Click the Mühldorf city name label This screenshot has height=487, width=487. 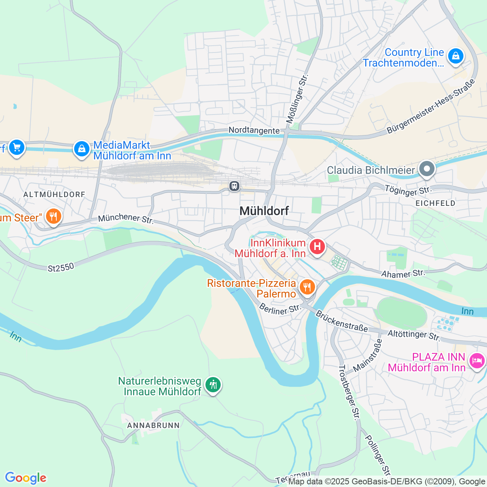tap(264, 211)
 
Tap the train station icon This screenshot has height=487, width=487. tap(234, 186)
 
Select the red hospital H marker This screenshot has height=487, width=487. tap(317, 247)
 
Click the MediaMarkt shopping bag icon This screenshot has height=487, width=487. tap(81, 149)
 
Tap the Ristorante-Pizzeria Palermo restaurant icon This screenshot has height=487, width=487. tap(307, 287)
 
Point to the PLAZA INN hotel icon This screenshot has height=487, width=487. tap(477, 360)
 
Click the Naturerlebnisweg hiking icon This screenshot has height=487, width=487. tap(213, 385)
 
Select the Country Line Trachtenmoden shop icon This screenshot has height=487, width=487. tap(455, 56)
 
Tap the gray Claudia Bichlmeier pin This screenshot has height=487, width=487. tap(427, 169)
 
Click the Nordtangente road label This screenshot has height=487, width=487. tap(254, 131)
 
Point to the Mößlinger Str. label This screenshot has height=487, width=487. tap(297, 99)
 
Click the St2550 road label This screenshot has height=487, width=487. tap(61, 267)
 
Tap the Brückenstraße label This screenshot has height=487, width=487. tap(342, 321)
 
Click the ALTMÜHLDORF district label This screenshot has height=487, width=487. tap(54, 194)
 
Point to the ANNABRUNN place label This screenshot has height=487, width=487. tap(153, 425)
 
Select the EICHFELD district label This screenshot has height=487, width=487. tap(435, 203)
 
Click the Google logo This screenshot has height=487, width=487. tap(25, 478)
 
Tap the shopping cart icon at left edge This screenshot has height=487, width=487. tap(16, 147)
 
